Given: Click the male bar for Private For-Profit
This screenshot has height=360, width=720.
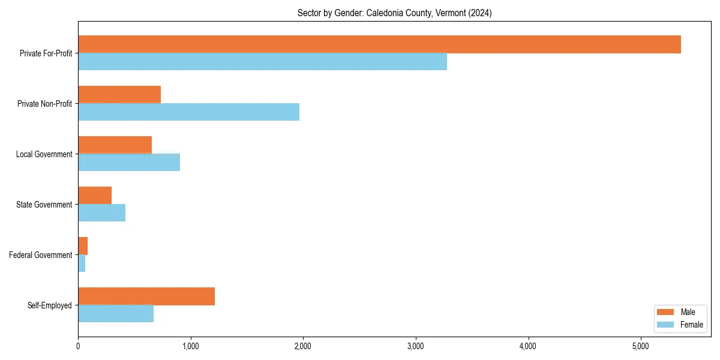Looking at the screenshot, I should point(379,44).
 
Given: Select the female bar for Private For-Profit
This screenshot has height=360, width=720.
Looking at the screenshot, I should point(262,62).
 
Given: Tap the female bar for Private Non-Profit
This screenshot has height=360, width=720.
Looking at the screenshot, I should point(188,112).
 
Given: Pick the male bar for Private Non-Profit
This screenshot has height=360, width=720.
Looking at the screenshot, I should point(119,95).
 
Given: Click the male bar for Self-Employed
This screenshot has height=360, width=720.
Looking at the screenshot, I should point(146,296).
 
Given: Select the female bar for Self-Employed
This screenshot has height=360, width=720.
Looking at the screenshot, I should point(116,314).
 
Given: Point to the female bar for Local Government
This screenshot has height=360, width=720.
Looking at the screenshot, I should point(129,163).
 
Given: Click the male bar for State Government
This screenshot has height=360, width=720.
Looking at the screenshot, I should point(95,196).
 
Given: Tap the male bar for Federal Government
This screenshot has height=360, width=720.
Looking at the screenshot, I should point(83,246).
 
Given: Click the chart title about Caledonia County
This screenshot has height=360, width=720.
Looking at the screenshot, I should point(394,13).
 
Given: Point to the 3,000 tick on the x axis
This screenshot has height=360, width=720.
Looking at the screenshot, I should point(415,346).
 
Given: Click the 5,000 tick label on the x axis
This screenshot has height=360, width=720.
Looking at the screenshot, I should point(640,346).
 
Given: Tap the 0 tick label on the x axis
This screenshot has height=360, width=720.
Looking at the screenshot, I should point(78,346).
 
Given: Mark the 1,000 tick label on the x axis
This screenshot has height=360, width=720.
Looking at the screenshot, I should point(190,346).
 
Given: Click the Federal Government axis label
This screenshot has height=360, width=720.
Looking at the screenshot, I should point(41,255).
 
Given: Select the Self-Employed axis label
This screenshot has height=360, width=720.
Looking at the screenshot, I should point(50,305).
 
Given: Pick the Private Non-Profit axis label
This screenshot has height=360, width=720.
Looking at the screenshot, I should point(45,104).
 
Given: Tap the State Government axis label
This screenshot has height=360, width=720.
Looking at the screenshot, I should point(44,205).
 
